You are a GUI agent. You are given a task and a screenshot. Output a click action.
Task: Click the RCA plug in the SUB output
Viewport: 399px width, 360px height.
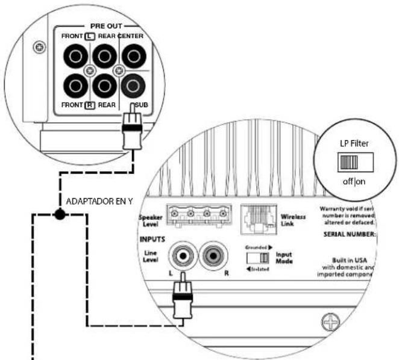point(131,129)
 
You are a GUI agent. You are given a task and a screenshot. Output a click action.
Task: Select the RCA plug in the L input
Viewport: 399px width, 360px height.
point(182,298)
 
